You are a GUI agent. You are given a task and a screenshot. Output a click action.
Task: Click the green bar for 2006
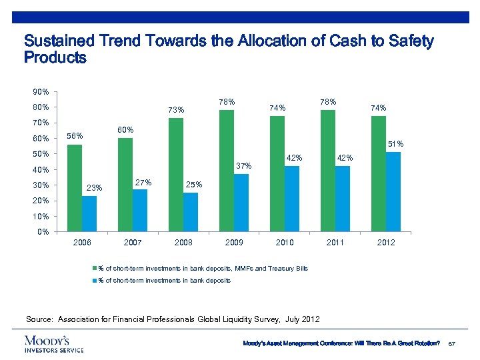75,188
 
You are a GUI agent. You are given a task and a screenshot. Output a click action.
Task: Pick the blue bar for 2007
140,211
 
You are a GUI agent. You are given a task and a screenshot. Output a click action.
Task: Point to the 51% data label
395,144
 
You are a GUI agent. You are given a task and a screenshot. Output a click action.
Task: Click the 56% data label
75,137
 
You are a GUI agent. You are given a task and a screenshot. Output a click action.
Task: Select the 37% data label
243,166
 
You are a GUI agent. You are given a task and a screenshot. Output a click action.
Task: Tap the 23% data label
94,188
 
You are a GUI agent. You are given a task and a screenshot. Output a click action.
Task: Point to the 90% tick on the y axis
40,91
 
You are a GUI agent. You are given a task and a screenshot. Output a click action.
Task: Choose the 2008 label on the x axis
183,243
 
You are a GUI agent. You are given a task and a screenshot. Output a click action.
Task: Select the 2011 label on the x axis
335,243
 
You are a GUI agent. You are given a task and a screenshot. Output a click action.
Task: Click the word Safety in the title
407,41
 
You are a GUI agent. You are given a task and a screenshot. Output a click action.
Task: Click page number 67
451,342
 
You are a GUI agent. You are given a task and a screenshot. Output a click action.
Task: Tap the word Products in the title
55,58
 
